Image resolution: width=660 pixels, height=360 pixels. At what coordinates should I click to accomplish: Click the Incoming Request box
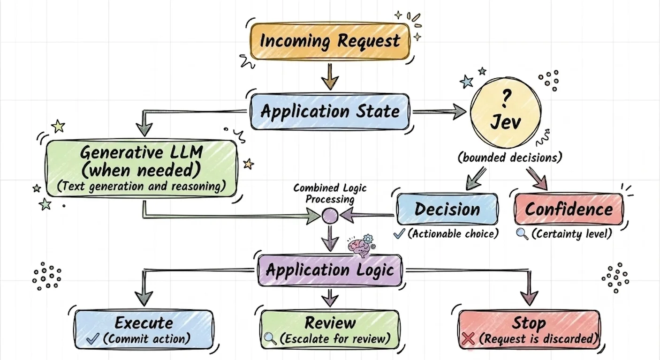[x=330, y=41]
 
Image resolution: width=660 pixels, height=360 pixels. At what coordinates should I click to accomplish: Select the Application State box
[x=330, y=112]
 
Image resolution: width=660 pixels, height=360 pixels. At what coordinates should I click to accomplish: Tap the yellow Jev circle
[x=506, y=113]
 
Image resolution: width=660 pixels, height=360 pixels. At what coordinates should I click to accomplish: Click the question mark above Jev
[x=506, y=98]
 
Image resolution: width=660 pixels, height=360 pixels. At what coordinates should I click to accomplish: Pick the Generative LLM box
[x=142, y=168]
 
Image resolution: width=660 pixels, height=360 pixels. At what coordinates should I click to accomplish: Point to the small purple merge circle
[x=330, y=216]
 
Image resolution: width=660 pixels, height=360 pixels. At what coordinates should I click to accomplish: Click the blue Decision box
[x=447, y=209]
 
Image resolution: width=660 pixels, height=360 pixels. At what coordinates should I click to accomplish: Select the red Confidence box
[x=569, y=209]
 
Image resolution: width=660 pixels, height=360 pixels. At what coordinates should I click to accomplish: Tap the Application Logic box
[x=330, y=270]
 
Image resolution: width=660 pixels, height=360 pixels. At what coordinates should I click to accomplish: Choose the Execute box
[x=144, y=330]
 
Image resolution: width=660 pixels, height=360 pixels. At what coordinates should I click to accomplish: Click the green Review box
[x=330, y=330]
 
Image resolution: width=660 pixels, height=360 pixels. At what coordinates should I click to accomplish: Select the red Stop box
[x=529, y=330]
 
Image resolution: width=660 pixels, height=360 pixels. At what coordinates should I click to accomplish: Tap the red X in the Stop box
[x=468, y=339]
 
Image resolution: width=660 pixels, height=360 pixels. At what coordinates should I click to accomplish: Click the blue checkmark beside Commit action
[x=93, y=339]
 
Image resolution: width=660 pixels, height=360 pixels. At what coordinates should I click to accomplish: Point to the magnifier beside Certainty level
[x=523, y=234]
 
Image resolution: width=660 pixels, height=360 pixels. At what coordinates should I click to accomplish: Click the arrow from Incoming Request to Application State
[x=330, y=76]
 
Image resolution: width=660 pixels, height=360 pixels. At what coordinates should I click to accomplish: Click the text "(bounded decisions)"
[x=510, y=157]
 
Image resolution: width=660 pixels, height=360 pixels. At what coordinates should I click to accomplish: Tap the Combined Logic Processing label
[x=330, y=194]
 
